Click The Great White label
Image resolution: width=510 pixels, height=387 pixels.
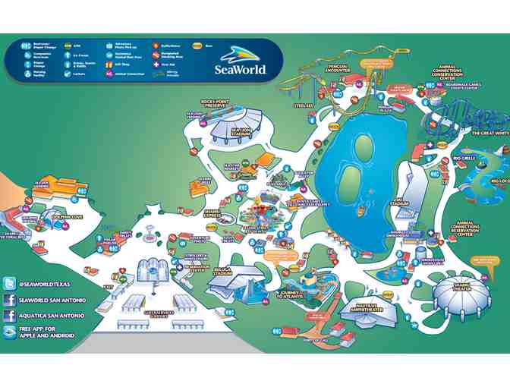pos(484,134)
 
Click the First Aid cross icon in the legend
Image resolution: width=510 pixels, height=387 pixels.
pos(162,64)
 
